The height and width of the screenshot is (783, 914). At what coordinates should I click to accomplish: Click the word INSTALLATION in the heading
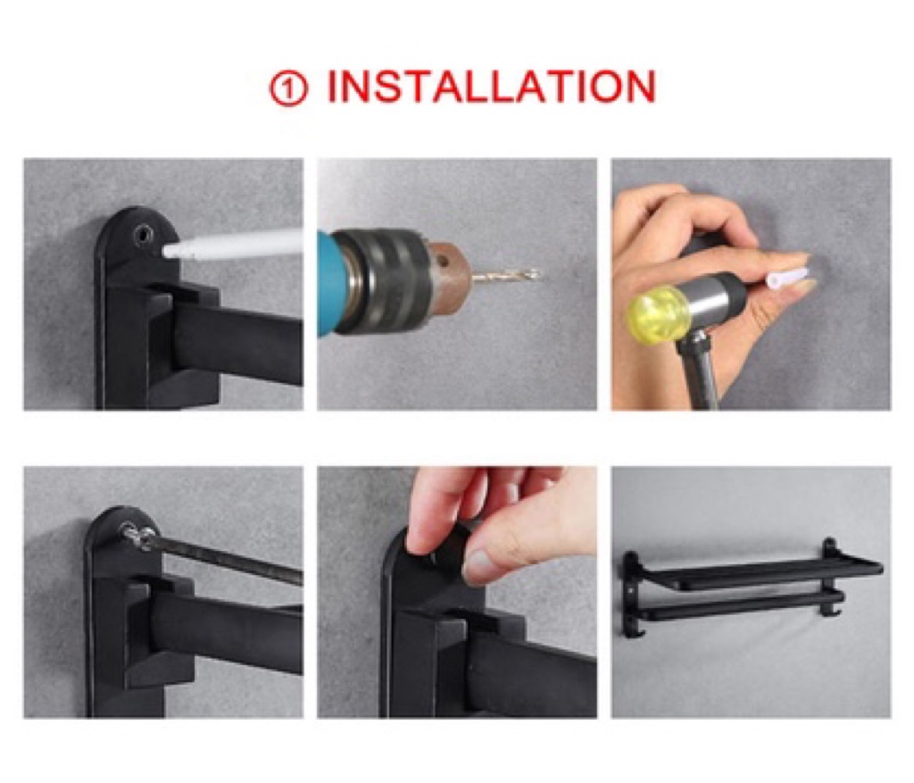[492, 87]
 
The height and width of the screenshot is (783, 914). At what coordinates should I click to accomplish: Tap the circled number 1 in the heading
[288, 89]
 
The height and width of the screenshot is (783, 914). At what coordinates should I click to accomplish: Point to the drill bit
[505, 275]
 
